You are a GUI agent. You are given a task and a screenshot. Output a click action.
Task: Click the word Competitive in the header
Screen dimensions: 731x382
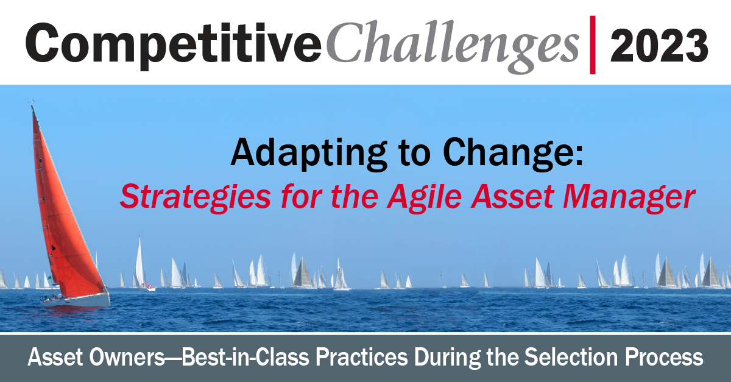[x=174, y=44]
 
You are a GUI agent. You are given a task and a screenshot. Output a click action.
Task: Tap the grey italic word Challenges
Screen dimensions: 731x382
[x=453, y=46]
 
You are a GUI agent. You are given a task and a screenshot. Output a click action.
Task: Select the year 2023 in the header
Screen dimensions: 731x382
[x=659, y=45]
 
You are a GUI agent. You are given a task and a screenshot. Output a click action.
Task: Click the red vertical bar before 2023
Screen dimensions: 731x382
[x=593, y=44]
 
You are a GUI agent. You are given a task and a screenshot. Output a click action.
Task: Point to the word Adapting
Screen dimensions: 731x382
[x=309, y=154]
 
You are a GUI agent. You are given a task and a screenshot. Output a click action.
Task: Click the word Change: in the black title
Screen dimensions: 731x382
[x=513, y=154]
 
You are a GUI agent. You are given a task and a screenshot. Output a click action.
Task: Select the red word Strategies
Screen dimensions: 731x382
[x=196, y=197]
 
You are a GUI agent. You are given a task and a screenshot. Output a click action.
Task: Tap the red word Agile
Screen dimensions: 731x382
[x=425, y=197]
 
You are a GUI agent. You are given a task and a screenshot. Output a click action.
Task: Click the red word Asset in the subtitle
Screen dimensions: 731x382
[x=512, y=197]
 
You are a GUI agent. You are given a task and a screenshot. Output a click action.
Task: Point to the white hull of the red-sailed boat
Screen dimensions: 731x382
[x=77, y=300]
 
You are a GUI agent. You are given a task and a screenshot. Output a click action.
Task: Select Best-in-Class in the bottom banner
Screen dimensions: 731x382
[x=245, y=357]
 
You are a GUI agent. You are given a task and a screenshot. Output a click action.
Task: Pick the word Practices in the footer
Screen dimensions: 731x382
[x=362, y=357]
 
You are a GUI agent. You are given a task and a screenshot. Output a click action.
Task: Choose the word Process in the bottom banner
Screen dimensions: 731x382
[x=664, y=357]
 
